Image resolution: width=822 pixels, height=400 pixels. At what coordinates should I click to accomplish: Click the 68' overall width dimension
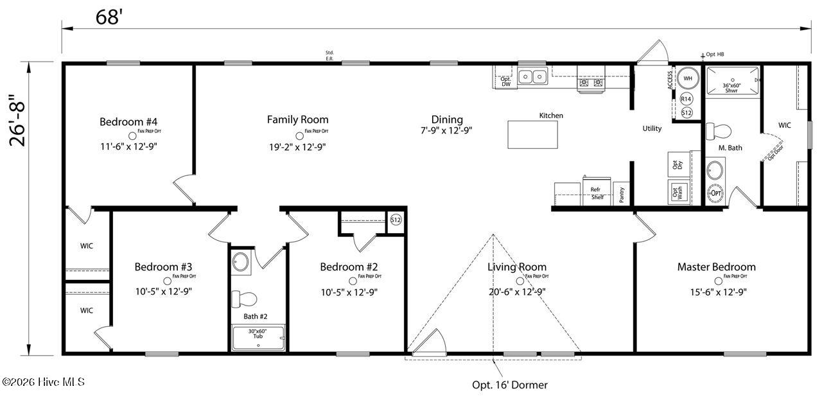point(110,17)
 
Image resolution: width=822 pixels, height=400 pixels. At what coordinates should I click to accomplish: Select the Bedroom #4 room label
point(128,121)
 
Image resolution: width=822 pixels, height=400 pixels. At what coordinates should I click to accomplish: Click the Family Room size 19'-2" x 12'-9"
point(297,146)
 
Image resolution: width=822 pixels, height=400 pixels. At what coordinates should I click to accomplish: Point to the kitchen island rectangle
point(532,134)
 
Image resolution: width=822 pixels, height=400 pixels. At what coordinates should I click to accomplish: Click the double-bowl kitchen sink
point(532,77)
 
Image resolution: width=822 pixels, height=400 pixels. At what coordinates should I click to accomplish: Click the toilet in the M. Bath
point(719,132)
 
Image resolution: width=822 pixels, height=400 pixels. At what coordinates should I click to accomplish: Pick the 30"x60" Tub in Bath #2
point(258,337)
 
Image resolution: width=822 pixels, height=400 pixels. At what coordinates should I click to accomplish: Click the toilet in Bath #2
point(245,299)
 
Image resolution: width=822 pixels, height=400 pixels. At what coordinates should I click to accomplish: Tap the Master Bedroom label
point(716,266)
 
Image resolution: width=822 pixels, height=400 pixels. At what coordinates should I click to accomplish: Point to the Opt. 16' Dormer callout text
point(510,385)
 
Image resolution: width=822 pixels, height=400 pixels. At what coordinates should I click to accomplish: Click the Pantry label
point(622,195)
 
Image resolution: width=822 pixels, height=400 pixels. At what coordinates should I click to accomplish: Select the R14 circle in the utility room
point(686,99)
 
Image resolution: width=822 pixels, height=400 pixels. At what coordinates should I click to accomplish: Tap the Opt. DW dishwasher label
point(505,82)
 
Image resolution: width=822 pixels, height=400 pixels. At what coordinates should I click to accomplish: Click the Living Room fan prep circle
point(520,281)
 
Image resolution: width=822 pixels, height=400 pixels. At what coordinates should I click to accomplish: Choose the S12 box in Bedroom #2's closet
point(396,220)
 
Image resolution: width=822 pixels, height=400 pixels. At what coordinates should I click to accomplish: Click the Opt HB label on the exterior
point(715,55)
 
